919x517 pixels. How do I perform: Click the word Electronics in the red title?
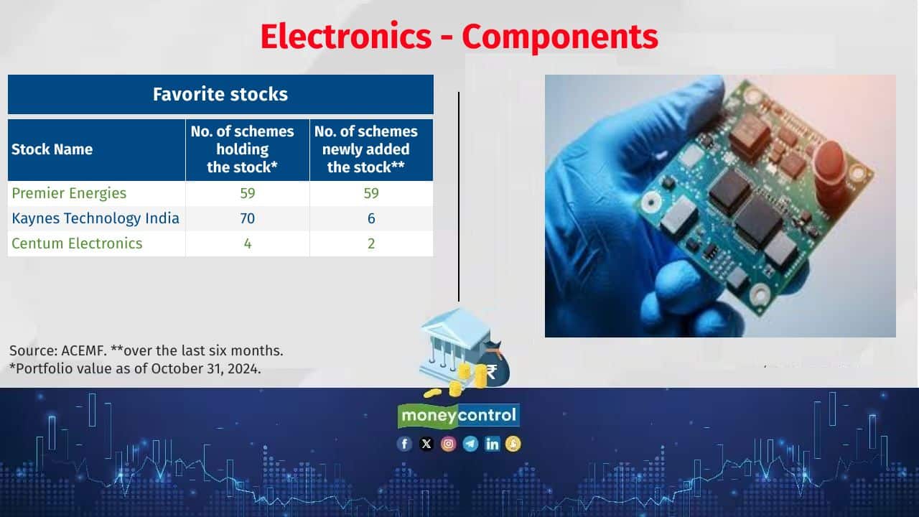(x=346, y=37)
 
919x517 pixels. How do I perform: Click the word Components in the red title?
(x=560, y=38)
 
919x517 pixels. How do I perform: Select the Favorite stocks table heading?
(x=220, y=94)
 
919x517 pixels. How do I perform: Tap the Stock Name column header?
(x=52, y=149)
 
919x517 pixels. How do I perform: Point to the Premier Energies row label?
(x=69, y=193)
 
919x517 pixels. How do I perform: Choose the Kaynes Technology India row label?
(x=95, y=218)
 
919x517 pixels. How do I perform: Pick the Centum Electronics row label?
(x=77, y=243)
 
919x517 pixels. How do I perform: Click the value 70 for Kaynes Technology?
(x=248, y=218)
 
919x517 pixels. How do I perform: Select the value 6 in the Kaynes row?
(x=371, y=218)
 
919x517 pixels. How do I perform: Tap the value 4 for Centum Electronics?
(x=248, y=243)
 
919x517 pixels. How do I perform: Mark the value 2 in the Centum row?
(x=371, y=243)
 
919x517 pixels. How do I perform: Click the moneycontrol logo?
(x=459, y=416)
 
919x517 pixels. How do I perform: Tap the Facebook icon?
(x=404, y=444)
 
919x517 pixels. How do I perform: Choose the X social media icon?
(x=426, y=444)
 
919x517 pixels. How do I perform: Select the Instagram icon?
(x=449, y=444)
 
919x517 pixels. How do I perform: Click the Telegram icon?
(x=470, y=444)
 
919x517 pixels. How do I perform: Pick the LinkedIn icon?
(x=492, y=444)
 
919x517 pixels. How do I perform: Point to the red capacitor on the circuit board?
(x=829, y=172)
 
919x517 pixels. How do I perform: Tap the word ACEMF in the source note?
(x=84, y=351)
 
